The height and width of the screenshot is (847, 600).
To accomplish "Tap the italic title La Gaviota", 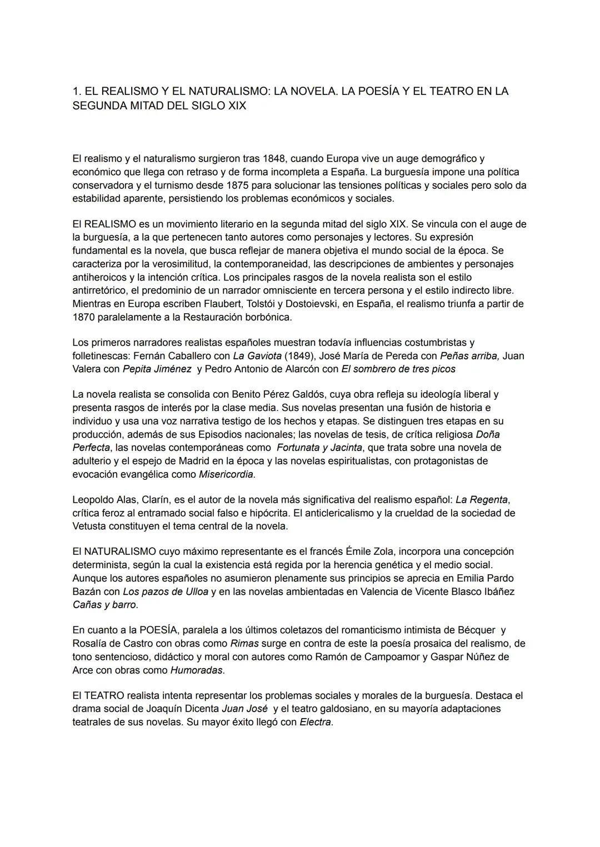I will [x=257, y=356].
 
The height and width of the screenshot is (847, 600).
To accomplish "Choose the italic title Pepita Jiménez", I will [x=157, y=369].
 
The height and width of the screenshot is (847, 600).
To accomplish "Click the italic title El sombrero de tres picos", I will [x=398, y=369].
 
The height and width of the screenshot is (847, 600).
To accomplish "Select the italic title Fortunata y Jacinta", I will [x=319, y=448].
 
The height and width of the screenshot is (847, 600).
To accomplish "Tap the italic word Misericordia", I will [x=226, y=474].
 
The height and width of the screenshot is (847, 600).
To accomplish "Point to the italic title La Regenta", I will [x=482, y=500].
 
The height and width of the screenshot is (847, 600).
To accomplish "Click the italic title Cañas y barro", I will [x=104, y=605].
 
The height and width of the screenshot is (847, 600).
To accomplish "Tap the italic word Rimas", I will [x=244, y=644].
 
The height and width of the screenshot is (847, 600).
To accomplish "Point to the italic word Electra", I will [x=316, y=723].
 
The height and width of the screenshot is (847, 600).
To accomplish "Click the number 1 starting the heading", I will [x=76, y=92].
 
